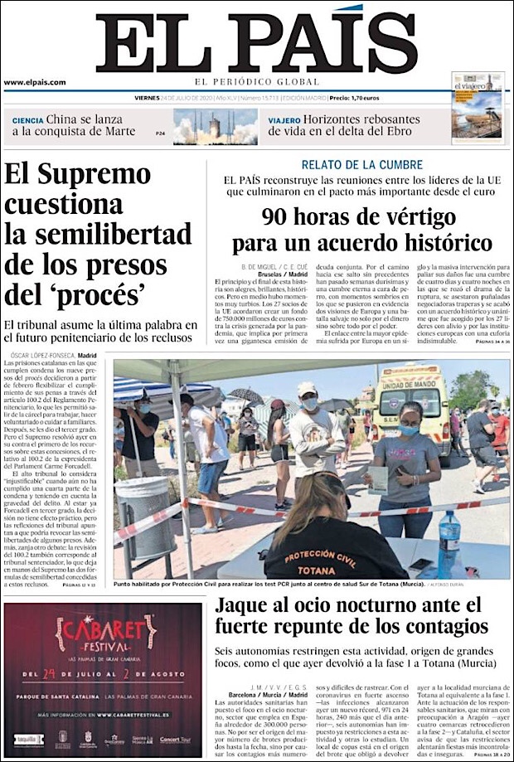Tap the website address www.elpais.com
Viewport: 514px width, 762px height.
tap(34, 82)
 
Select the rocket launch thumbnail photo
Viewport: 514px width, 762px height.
tap(215, 127)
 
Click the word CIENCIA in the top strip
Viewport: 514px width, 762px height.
tap(27, 119)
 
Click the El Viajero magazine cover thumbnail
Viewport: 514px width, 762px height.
tap(478, 108)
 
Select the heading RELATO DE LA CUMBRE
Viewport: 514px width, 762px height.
tap(361, 165)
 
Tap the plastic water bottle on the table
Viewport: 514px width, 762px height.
tap(448, 533)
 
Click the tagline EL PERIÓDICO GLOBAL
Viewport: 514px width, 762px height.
tap(256, 81)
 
